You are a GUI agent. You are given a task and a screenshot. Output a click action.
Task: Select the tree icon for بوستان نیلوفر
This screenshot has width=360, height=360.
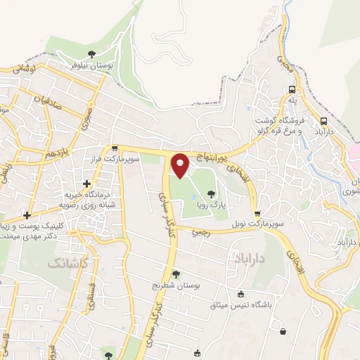(91, 54)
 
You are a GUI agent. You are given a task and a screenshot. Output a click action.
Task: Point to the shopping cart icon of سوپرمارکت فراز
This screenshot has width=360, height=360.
(114, 148)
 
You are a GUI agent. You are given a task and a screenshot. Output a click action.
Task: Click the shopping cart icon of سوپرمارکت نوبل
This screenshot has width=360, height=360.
(257, 213)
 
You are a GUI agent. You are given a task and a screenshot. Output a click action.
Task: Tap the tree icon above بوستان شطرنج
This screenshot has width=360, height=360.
(175, 274)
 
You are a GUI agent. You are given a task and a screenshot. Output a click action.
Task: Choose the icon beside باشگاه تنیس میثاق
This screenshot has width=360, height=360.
(242, 294)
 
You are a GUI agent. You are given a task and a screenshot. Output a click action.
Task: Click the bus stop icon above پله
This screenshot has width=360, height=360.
(291, 89)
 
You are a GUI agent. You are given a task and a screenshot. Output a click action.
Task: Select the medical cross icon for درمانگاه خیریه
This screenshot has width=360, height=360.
(86, 184)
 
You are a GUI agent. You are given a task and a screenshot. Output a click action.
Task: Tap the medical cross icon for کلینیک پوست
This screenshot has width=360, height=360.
(27, 215)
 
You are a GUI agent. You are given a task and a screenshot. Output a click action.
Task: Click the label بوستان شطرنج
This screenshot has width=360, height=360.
(175, 286)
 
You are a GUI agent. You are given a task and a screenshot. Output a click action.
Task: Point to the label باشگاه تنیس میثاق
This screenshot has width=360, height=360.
(242, 305)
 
